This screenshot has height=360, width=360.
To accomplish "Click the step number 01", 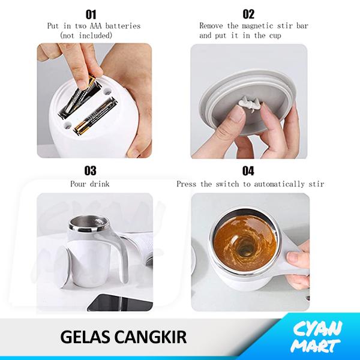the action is click(91, 14).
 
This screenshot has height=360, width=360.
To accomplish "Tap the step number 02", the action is click(248, 14).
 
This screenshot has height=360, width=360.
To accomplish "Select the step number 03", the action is click(90, 170).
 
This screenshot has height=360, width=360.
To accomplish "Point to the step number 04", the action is click(248, 171).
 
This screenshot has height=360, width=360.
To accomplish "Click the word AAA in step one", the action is click(95, 26).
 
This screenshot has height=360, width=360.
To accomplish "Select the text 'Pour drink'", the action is click(90, 184).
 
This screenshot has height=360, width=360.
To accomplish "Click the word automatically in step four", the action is click(279, 184).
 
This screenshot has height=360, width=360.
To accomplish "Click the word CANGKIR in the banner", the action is click(151, 337).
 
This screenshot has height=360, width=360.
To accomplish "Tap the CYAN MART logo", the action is click(317, 337).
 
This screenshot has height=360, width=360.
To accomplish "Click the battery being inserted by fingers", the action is click(79, 98).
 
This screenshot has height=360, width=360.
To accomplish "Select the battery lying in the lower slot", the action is click(95, 116).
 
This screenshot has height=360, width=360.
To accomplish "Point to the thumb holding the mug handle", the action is click(296, 257).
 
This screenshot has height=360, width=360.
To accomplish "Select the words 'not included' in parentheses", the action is click(86, 35).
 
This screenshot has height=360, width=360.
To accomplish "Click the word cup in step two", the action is click(275, 36).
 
